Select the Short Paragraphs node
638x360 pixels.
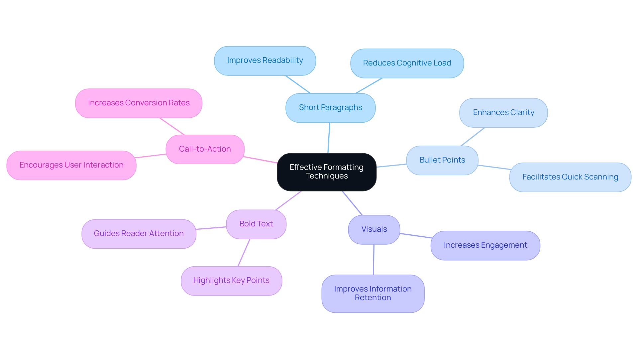[330, 108]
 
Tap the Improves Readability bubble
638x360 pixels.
[265, 60]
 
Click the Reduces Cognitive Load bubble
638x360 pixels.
[407, 63]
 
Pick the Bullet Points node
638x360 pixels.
[442, 160]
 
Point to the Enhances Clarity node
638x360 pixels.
[503, 113]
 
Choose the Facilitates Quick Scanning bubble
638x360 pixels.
[570, 177]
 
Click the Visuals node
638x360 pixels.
[374, 229]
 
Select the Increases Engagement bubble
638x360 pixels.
[485, 245]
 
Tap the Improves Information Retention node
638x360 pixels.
[372, 294]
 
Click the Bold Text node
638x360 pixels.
[256, 224]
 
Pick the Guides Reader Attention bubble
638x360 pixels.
[139, 234]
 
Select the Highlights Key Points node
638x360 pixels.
[231, 281]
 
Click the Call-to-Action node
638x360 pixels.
[205, 149]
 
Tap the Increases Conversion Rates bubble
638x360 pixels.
[139, 103]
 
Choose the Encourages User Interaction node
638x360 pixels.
[71, 165]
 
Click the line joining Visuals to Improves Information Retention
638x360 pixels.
[373, 260]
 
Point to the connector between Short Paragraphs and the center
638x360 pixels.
[329, 138]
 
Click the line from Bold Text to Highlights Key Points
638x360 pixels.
[244, 253]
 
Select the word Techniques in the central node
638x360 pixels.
[327, 176]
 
